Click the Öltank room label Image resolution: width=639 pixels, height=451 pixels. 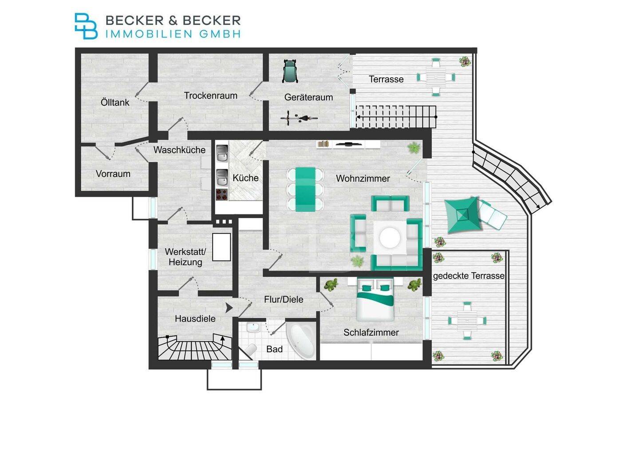[x=115, y=102]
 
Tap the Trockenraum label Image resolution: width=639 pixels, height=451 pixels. [x=210, y=96]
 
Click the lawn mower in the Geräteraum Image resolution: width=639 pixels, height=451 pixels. [x=290, y=71]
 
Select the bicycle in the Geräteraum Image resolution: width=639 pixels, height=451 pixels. [x=299, y=118]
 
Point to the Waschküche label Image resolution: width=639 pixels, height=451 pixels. [x=179, y=150]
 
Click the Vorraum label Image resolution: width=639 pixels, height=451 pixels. [x=113, y=174]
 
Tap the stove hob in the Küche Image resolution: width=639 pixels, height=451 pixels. [x=222, y=194]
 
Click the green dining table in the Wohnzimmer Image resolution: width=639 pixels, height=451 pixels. [x=305, y=189]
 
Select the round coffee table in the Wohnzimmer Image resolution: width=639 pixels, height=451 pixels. [x=390, y=237]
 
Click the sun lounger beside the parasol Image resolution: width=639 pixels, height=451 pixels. [x=493, y=215]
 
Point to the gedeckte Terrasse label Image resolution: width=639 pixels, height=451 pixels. [x=469, y=276]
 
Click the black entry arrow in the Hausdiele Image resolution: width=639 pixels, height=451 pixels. [x=229, y=308]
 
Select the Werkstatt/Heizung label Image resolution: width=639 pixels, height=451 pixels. [x=185, y=257]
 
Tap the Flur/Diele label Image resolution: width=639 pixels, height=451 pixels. [x=284, y=299]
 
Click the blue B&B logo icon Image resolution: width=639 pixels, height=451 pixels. [x=86, y=26]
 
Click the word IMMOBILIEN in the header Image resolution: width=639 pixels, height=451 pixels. [x=149, y=34]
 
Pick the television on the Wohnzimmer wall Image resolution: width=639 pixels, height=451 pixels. [x=349, y=144]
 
